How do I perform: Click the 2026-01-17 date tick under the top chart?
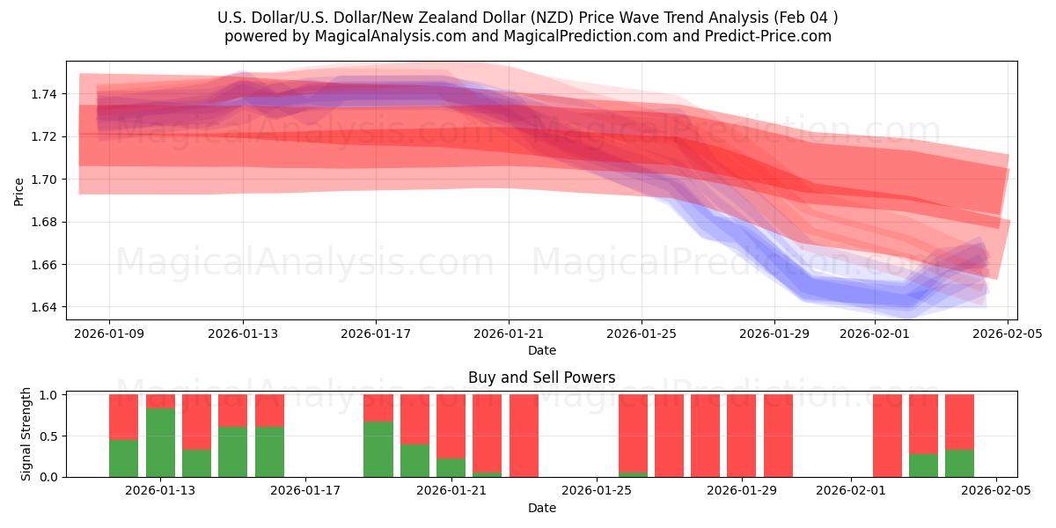click(x=376, y=334)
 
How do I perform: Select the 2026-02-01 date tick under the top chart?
click(x=874, y=334)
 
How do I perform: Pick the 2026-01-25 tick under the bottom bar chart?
click(x=597, y=491)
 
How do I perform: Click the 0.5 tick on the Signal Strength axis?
click(x=49, y=436)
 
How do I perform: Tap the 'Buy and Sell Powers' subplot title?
click(x=541, y=378)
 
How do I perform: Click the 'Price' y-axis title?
click(x=19, y=191)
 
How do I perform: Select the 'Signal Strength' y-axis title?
click(x=26, y=434)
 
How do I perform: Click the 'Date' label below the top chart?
click(x=541, y=350)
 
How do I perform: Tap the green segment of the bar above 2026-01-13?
click(x=160, y=443)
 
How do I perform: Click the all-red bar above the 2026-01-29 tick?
click(x=778, y=436)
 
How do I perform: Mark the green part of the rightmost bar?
click(x=959, y=464)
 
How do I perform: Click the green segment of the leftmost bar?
click(x=124, y=458)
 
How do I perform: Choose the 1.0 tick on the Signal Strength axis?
click(x=49, y=395)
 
